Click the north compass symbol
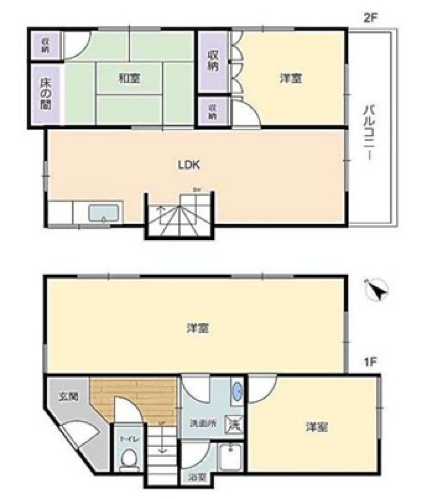coord(377,290)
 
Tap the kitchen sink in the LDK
coord(104,213)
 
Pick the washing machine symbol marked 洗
coord(234,425)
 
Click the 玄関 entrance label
coord(69,396)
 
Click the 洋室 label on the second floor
coord(290,79)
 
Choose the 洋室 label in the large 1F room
coord(198,329)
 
